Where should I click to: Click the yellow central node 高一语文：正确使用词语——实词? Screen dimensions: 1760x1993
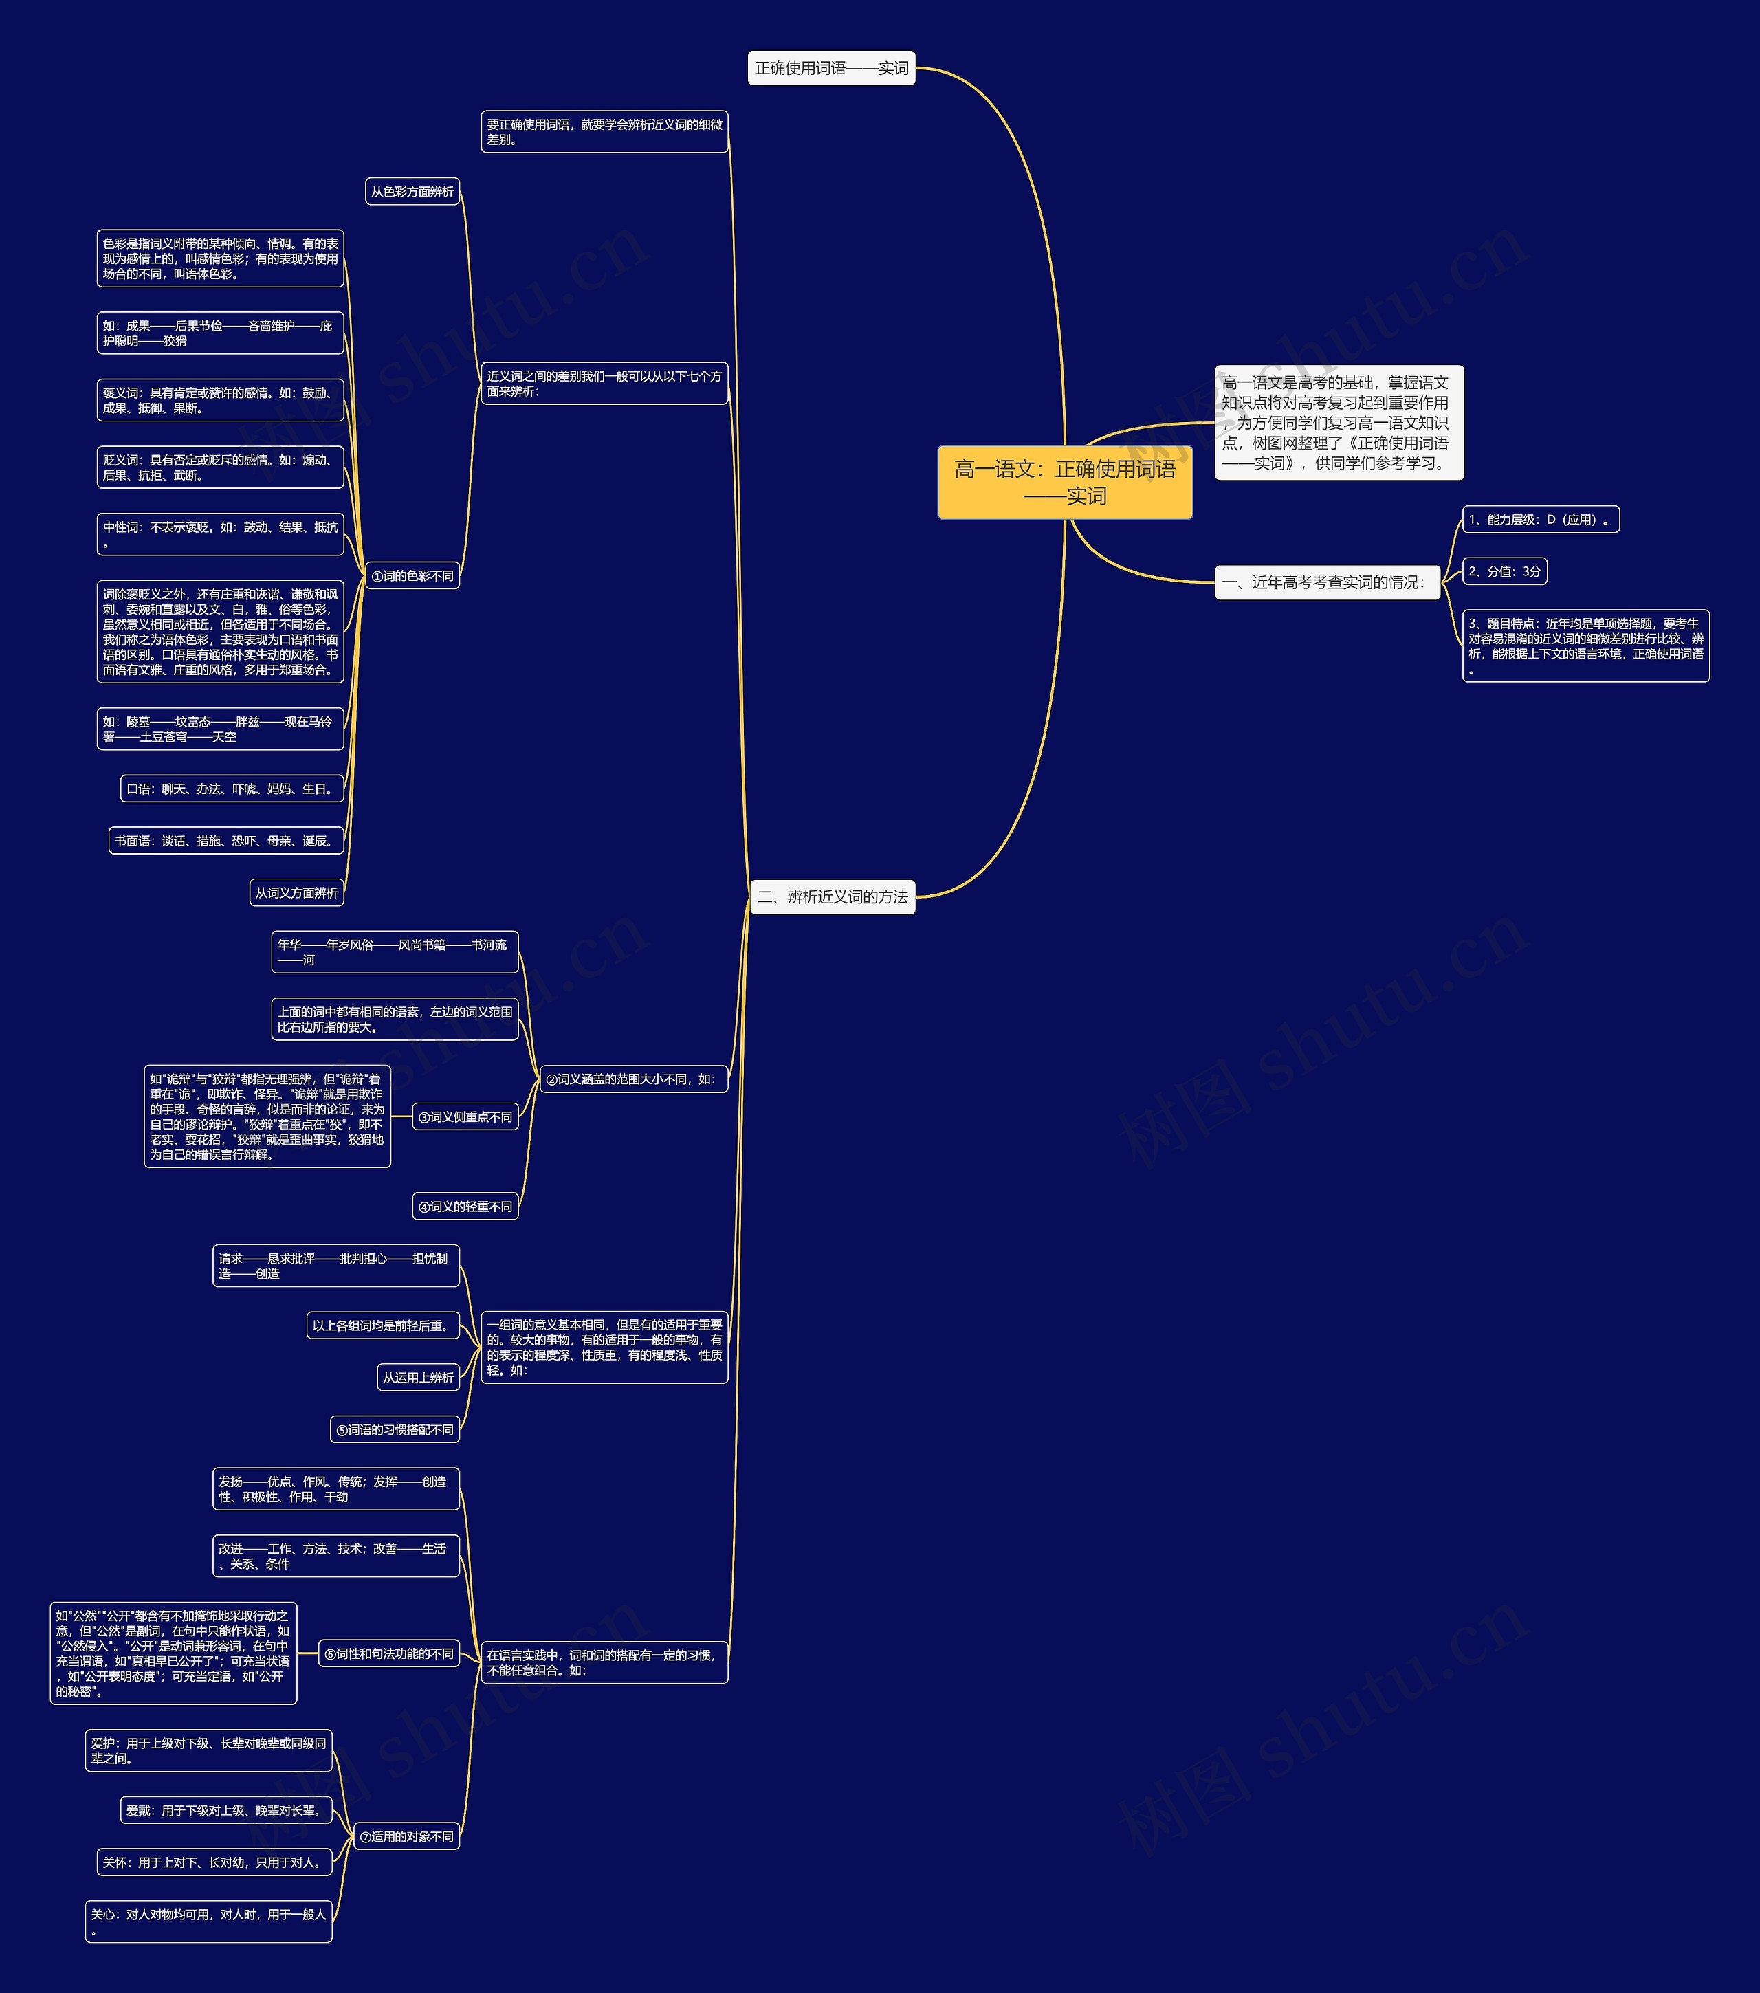(1065, 483)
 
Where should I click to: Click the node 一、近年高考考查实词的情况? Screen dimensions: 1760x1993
(1327, 582)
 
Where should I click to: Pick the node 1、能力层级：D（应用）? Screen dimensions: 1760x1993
(1539, 520)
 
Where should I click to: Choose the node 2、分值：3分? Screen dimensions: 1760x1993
(1504, 571)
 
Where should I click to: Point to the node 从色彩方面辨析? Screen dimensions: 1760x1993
(412, 192)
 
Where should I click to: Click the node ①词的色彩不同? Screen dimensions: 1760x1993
(412, 576)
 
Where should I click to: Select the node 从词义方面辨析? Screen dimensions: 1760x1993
(296, 893)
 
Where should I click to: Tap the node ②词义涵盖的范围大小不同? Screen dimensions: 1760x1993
(632, 1079)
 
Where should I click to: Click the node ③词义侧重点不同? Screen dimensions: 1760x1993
(465, 1117)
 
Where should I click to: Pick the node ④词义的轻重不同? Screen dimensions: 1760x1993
(465, 1207)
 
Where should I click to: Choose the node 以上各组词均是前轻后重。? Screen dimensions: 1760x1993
(382, 1326)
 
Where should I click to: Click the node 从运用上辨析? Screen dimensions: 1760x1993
(417, 1378)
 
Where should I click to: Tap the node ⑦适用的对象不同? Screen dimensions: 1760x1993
(406, 1837)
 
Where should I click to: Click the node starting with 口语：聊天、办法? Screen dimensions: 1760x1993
(231, 789)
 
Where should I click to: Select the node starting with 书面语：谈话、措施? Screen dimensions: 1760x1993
(225, 841)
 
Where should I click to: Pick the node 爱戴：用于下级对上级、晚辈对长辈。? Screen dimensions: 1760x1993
(225, 1811)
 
